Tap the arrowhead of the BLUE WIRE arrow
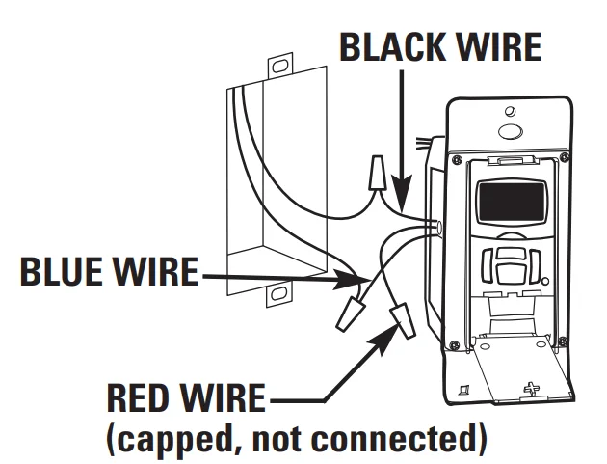[x=352, y=282]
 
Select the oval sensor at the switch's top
[x=510, y=131]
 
